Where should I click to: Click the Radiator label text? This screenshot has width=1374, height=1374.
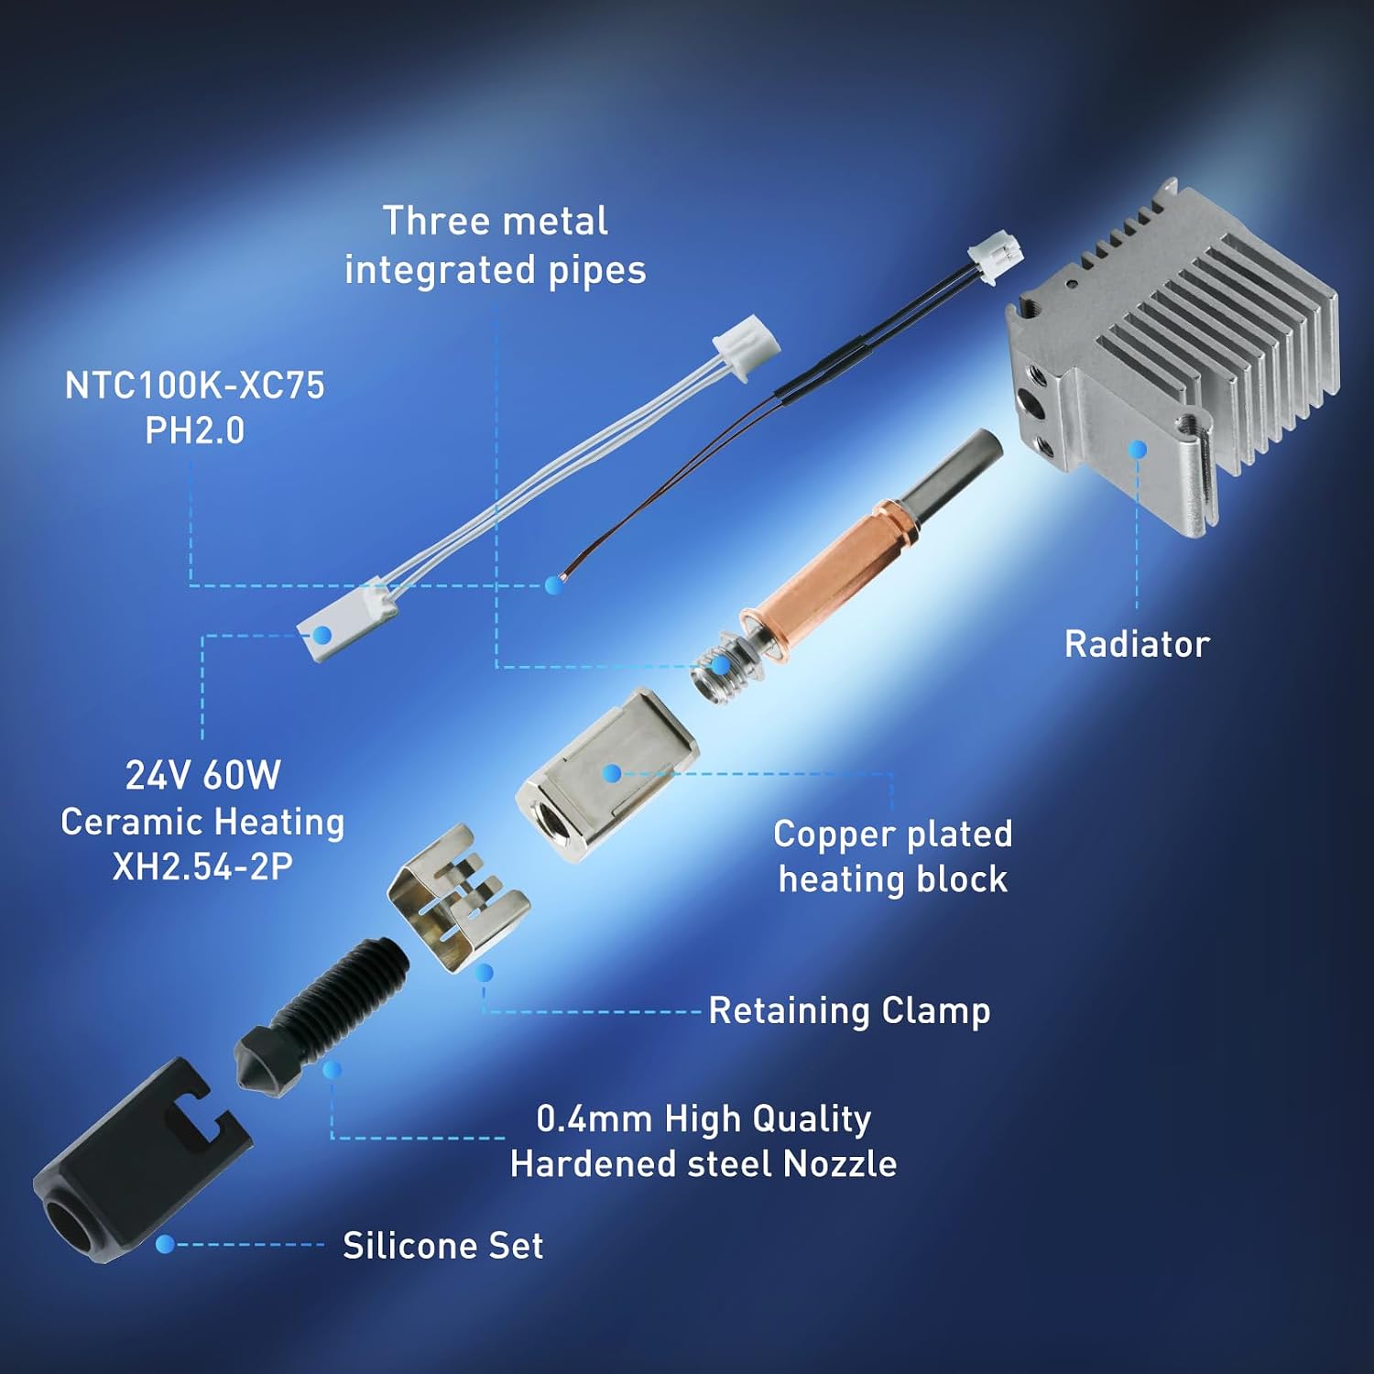pyautogui.click(x=1137, y=644)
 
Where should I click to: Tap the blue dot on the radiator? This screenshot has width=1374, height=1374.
pyautogui.click(x=1138, y=449)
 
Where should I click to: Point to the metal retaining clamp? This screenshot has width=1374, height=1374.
pyautogui.click(x=458, y=899)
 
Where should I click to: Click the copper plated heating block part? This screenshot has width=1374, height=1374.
pyautogui.click(x=606, y=775)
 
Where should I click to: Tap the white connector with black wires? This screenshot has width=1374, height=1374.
pyautogui.click(x=997, y=259)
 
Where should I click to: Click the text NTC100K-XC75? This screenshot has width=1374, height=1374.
pyautogui.click(x=194, y=386)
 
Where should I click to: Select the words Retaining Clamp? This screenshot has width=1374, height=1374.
pyautogui.click(x=849, y=1011)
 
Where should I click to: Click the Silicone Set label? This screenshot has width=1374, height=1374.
pyautogui.click(x=443, y=1246)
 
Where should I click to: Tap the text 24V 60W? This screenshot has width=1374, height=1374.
pyautogui.click(x=202, y=776)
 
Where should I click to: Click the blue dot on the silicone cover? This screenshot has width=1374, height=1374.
pyautogui.click(x=165, y=1244)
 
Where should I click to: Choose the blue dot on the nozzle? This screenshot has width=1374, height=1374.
pyautogui.click(x=333, y=1070)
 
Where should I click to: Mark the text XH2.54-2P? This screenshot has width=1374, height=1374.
pyautogui.click(x=202, y=867)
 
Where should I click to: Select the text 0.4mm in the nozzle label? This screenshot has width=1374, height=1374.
pyautogui.click(x=594, y=1118)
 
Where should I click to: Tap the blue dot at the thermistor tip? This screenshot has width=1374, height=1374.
pyautogui.click(x=552, y=585)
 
